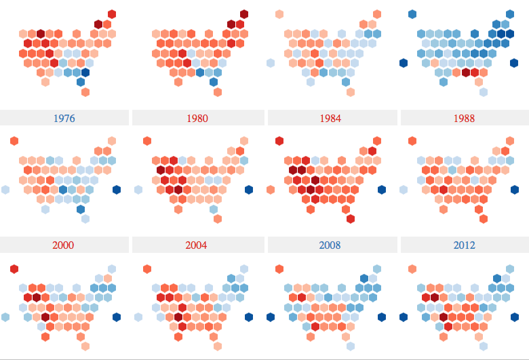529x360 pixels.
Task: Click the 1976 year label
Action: pos(64,118)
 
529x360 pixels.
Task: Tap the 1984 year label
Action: pos(330,118)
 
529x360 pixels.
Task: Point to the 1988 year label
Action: pos(465,118)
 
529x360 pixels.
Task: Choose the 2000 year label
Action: pos(64,245)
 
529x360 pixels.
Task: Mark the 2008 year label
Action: pos(330,245)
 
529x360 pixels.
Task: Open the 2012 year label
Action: pos(465,245)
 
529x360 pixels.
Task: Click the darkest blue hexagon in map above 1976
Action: pos(85,73)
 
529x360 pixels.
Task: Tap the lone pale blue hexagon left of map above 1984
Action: pos(271,63)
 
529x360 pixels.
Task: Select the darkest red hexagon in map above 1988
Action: pos(466,73)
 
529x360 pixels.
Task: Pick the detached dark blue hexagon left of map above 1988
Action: pos(404,63)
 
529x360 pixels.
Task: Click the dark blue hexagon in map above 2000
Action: pos(117,190)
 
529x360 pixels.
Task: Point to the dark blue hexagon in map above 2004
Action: pos(249,190)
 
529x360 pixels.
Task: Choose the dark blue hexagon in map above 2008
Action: pos(382,190)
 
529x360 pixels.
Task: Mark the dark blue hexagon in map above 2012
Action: pos(514,190)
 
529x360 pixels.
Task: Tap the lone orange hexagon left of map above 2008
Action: pos(271,190)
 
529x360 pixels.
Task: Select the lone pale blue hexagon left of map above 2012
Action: pos(404,190)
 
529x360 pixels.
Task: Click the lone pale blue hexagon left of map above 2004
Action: pos(138,190)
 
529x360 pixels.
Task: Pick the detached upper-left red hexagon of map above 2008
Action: pos(279,141)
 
